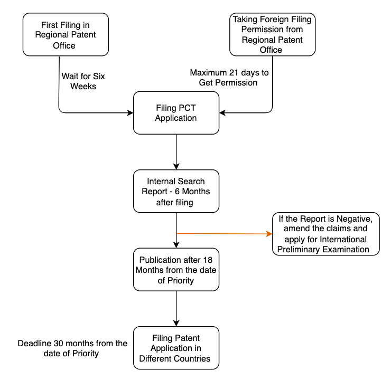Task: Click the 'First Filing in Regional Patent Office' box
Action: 66,34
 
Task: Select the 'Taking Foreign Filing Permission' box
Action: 272,34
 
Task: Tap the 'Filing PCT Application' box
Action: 176,112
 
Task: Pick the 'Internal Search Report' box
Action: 176,191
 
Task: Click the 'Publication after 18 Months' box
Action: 176,269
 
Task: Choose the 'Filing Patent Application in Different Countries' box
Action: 176,348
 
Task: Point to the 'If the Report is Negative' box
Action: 326,234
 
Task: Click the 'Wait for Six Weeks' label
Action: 83,81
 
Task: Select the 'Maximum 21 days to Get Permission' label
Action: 228,77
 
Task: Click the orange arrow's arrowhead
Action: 268,233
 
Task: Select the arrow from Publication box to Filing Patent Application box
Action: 176,309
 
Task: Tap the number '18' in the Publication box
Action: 207,260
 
